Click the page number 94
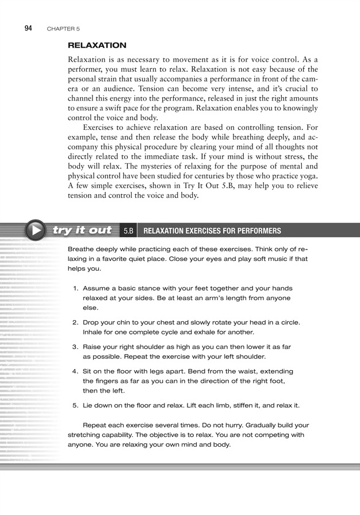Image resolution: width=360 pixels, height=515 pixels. coord(29,28)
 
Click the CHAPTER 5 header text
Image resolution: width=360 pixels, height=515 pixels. coord(63,28)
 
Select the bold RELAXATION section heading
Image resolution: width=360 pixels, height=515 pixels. coord(97,45)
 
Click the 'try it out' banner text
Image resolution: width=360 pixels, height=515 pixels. coord(82,230)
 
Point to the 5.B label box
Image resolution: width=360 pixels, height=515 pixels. coord(128,231)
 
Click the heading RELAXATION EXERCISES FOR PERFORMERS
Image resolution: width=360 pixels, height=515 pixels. coord(212,231)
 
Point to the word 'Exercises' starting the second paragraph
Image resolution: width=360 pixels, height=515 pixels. coord(101,127)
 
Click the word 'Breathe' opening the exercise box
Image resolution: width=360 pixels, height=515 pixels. coord(82,249)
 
